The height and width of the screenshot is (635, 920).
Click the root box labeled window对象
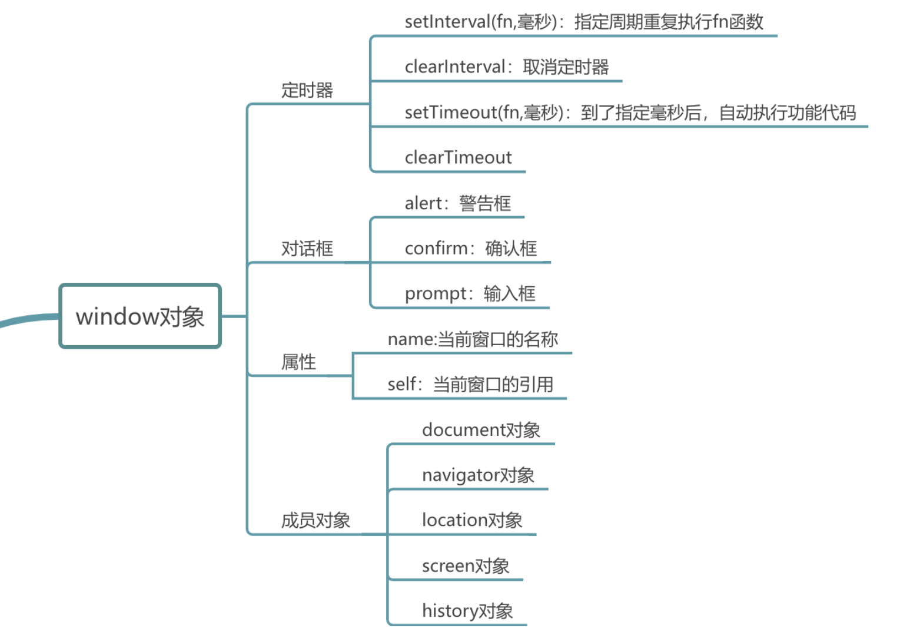click(x=140, y=316)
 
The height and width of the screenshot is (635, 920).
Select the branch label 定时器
click(x=307, y=90)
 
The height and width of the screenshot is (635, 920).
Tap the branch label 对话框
click(x=307, y=249)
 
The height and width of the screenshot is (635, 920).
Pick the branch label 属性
click(x=298, y=362)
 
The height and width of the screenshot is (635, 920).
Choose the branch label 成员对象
click(x=315, y=520)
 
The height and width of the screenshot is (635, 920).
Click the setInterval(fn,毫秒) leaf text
click(x=583, y=22)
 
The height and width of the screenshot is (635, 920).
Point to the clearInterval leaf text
click(x=506, y=67)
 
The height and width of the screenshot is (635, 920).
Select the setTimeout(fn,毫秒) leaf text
click(x=630, y=113)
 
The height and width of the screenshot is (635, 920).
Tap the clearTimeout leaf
click(x=458, y=158)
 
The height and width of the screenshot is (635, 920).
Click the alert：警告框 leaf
click(x=457, y=203)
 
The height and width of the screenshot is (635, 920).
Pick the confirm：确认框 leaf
click(x=470, y=249)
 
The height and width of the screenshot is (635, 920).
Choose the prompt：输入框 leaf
click(x=470, y=293)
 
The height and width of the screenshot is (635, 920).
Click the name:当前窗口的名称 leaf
click(x=472, y=339)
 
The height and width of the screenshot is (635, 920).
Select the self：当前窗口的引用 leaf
click(x=470, y=385)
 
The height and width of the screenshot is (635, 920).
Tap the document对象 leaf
click(x=481, y=430)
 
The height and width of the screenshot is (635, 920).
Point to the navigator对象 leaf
click(x=477, y=475)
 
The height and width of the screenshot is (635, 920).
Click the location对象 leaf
click(x=472, y=520)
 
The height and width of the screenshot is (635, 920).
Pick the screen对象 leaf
click(x=465, y=566)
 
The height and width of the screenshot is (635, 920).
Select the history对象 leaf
click(x=467, y=611)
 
